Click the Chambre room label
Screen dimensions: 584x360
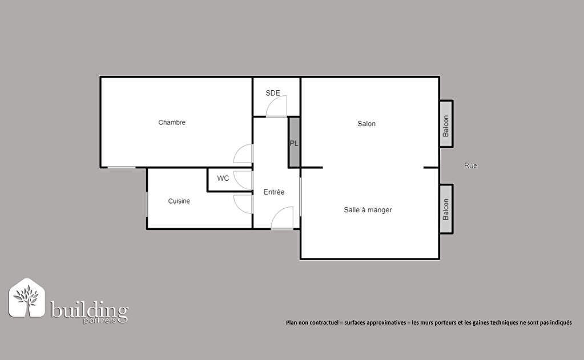point(172,122)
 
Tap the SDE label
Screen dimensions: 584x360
point(273,92)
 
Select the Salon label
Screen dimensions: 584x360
point(366,124)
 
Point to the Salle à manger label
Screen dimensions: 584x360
point(368,210)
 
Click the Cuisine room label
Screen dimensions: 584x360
point(179,201)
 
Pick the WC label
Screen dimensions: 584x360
point(223,179)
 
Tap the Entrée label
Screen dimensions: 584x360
point(274,192)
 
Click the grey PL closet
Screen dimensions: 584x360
point(294,142)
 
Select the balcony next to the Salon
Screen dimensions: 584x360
point(446,124)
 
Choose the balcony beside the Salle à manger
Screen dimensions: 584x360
point(446,209)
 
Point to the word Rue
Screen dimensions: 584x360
point(471,165)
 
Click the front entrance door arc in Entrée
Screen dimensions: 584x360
point(276,212)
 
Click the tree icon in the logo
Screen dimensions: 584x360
point(26,298)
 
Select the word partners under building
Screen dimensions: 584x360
point(99,321)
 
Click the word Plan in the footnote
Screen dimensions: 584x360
point(291,322)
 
